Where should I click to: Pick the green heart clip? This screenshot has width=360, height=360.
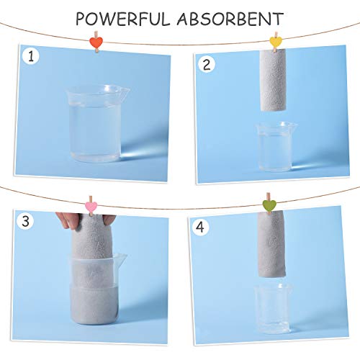pos(269,206)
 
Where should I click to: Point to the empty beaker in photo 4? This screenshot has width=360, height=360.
pos(273,307)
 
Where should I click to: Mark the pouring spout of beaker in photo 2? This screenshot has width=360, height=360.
pos(294,126)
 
